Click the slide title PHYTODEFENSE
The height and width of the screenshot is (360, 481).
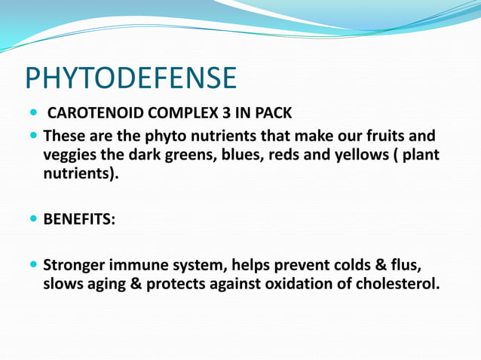(x=130, y=78)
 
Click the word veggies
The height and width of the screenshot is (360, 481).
(x=71, y=156)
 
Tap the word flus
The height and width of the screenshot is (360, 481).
(x=403, y=266)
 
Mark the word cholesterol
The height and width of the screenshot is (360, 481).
(x=398, y=285)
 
